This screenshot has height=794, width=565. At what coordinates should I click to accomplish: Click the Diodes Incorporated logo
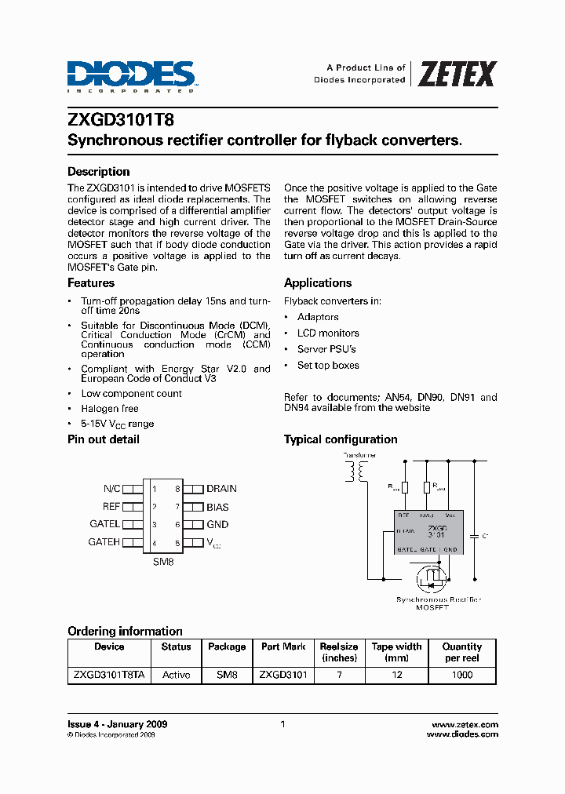coord(131,76)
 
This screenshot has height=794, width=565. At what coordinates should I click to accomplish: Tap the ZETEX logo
coord(456,75)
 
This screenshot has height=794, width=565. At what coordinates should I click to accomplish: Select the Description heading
coord(98,172)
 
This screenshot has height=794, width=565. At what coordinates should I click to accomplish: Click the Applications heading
coord(318,283)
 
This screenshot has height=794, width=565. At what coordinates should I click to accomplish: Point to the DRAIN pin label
coord(221,488)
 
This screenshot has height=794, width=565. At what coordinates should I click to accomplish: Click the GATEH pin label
coord(104,542)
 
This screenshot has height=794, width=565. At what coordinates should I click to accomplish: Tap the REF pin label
coord(111,506)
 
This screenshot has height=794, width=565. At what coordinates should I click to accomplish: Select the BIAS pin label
coord(217,506)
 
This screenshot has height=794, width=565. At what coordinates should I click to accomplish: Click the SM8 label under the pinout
coord(162,562)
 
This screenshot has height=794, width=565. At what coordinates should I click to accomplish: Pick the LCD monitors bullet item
coord(328,333)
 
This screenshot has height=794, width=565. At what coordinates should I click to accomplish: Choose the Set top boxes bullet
coord(328,366)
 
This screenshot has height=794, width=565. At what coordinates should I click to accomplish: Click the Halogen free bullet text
coord(110,409)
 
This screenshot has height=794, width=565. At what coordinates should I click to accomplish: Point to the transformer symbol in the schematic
coord(359,472)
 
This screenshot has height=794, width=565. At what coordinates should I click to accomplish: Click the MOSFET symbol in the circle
coord(428,579)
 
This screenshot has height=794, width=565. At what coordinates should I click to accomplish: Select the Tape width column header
coord(396,652)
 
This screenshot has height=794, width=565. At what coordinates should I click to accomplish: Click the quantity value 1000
coord(462,675)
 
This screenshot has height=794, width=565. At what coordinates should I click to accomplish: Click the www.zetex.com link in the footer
coord(465,724)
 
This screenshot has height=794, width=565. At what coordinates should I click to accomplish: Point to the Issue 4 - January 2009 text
coord(117,724)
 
